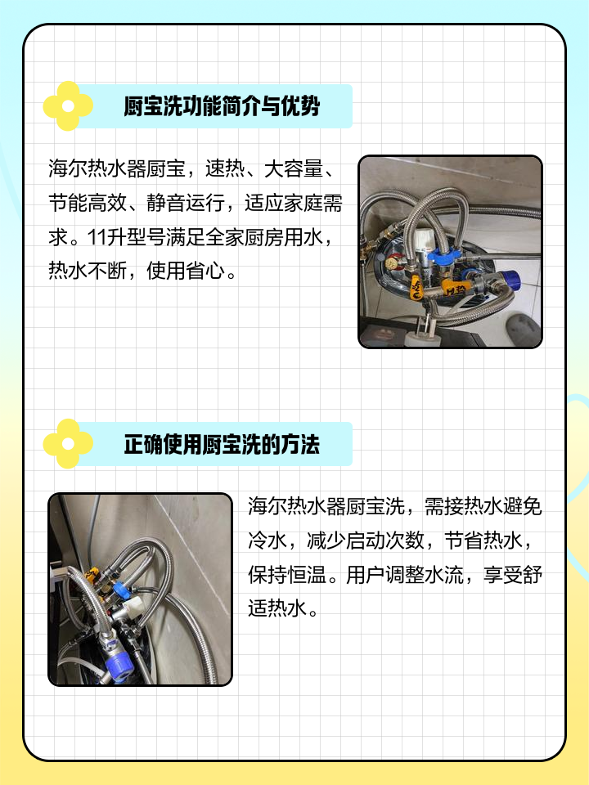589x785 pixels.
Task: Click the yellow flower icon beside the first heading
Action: tap(68, 106)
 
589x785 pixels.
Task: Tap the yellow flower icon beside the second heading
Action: tap(68, 444)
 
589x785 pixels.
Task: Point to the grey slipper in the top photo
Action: tap(524, 329)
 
